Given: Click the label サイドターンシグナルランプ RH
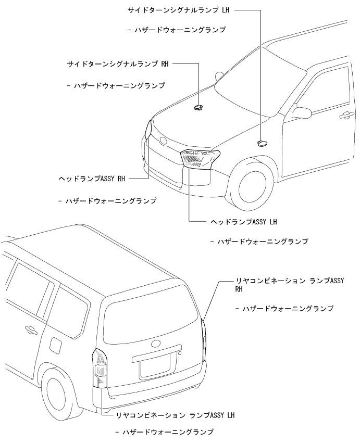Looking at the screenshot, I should tap(118, 64).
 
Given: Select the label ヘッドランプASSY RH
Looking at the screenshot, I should tap(92, 179).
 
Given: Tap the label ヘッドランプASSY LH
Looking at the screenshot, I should tap(243, 221).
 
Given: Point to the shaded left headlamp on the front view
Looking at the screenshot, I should tap(200, 157).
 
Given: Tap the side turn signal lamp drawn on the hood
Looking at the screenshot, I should tap(198, 107).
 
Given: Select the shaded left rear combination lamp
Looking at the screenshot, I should tap(99, 369).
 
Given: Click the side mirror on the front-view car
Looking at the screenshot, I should tap(300, 111).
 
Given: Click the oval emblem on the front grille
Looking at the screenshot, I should tap(164, 141).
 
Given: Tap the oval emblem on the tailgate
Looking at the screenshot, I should tap(155, 344).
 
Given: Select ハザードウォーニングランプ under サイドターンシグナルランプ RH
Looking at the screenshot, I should tap(119, 84).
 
